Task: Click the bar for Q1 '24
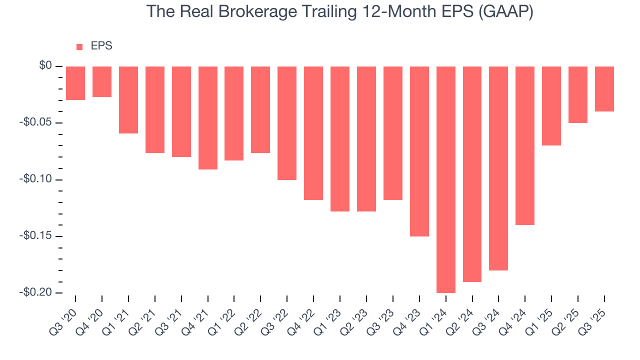(x=446, y=179)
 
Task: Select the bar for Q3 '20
(x=75, y=83)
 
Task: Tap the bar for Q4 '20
(x=102, y=81)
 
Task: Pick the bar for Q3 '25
(x=604, y=89)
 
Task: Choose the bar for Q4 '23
(x=419, y=151)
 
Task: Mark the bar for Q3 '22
(x=287, y=123)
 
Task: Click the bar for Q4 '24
(x=525, y=145)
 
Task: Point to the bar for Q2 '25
(x=578, y=94)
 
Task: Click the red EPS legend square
(x=79, y=47)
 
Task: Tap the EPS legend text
(x=101, y=46)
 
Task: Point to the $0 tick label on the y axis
(x=45, y=66)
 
